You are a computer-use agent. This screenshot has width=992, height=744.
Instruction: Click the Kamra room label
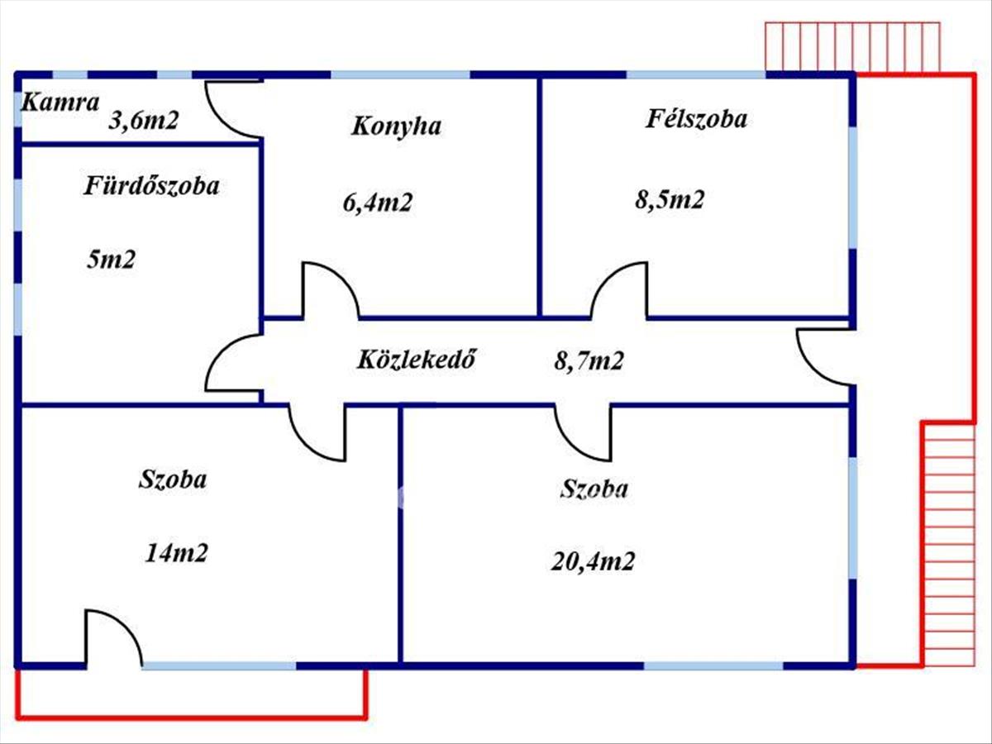pos(60,103)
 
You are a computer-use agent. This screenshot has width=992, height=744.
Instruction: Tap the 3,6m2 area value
pos(144,122)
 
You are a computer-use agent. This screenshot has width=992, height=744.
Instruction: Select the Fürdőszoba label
pos(151,186)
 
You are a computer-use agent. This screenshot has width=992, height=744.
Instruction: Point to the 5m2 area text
pos(111,260)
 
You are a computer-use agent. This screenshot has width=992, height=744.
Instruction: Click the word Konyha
pos(396,126)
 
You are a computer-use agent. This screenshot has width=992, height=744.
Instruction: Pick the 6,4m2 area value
pos(378,203)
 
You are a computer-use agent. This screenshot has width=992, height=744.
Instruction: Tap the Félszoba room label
pos(696,119)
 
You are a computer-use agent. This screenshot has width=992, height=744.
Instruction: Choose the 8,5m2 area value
pos(670,199)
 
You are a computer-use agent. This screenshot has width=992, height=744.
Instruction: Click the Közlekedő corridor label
pos(417,360)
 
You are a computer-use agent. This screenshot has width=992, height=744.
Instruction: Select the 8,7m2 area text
pos(589,360)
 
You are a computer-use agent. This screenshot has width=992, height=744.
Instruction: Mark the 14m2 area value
pos(177,552)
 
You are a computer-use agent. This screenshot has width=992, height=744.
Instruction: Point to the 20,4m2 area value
pos(593,562)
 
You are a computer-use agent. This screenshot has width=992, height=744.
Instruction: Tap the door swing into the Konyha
pos(328,291)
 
